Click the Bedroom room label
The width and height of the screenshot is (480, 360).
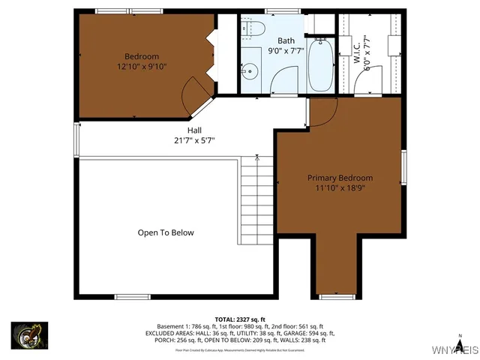[x=142, y=56]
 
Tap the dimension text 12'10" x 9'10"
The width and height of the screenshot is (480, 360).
[x=142, y=67]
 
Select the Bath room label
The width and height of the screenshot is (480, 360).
[x=286, y=40]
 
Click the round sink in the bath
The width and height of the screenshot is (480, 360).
[x=250, y=73]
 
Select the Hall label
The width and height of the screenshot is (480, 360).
[x=194, y=130]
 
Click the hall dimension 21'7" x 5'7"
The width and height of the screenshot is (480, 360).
[x=194, y=139]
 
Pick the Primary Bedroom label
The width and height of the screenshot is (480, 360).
[x=340, y=178]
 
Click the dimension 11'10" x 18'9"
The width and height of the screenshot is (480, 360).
[x=340, y=187]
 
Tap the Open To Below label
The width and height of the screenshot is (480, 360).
[x=166, y=232]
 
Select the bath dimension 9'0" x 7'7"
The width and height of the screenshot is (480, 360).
[x=286, y=51]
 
